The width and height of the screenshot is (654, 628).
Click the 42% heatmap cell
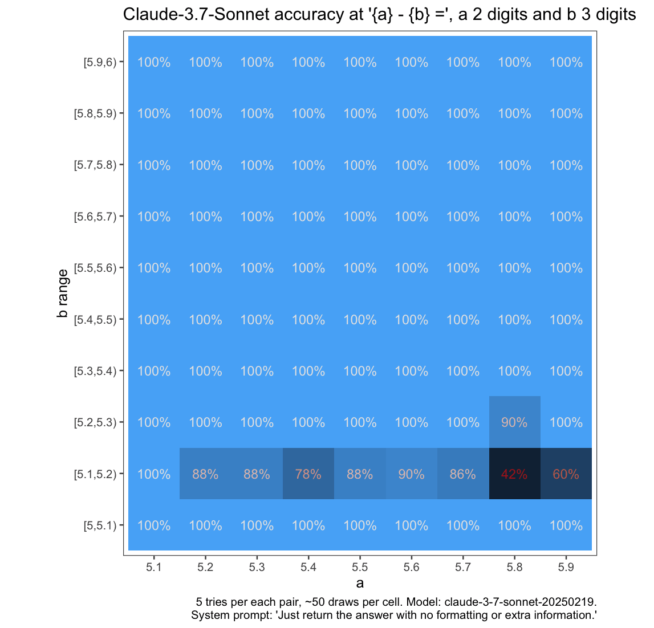(514, 474)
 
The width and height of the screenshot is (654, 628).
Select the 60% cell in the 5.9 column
(566, 474)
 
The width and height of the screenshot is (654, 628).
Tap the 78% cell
(308, 474)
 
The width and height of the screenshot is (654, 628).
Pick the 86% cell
(462, 474)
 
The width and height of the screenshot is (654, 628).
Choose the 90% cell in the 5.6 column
(411, 474)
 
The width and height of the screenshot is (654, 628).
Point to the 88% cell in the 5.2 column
(205, 474)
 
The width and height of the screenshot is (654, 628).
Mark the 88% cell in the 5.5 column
(360, 474)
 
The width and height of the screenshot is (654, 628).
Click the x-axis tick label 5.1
(154, 567)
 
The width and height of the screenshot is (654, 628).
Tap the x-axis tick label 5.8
(514, 567)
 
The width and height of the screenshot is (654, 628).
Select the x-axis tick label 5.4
(308, 567)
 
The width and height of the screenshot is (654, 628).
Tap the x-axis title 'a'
(360, 583)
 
